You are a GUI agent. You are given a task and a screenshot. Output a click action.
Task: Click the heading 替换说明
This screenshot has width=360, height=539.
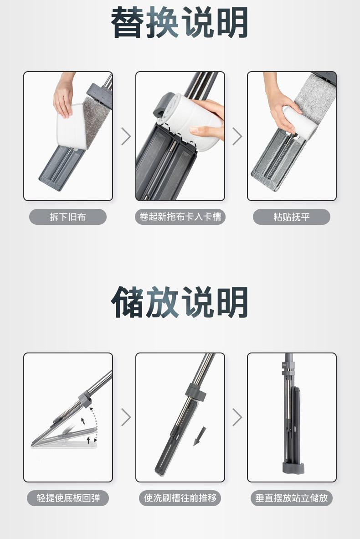179,22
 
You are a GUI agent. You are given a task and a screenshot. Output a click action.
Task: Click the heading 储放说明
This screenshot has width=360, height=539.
179,302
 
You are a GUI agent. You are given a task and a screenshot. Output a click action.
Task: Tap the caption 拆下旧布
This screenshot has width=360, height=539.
68,217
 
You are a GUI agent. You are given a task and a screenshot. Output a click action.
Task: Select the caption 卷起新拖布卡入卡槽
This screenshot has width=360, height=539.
180,217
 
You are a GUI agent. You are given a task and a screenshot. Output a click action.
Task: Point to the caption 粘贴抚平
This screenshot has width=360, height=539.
292,217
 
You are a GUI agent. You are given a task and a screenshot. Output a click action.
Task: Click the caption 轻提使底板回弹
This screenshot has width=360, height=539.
68,498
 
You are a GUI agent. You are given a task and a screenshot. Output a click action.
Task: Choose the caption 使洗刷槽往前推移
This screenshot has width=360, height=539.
180,498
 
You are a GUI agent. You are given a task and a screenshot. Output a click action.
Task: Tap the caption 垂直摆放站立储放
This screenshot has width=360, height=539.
292,498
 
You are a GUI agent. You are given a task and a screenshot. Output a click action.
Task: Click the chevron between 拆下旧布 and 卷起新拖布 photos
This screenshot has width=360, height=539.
126,136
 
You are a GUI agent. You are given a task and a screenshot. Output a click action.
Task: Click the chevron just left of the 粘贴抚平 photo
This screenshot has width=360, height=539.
237,136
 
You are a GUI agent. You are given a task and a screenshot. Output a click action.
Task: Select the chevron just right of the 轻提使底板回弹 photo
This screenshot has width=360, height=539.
126,417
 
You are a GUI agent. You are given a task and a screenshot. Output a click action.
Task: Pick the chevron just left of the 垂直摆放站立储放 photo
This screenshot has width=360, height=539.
237,417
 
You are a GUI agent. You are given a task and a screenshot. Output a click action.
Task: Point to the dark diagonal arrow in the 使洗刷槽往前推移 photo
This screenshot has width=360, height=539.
200,436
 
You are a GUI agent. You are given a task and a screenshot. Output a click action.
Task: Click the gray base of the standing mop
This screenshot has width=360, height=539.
293,468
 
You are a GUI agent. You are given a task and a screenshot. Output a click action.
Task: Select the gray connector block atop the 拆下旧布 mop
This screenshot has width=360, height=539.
100,94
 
